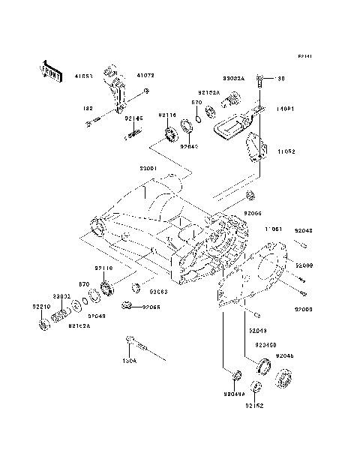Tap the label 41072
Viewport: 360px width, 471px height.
pyautogui.click(x=145, y=76)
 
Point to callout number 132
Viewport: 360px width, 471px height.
pyautogui.click(x=87, y=108)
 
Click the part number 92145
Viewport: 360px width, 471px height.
pyautogui.click(x=134, y=118)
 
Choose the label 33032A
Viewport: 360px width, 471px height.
pyautogui.click(x=233, y=77)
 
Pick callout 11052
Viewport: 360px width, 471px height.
pyautogui.click(x=286, y=150)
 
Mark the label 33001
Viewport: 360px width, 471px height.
pyautogui.click(x=148, y=170)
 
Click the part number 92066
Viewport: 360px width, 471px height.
pyautogui.click(x=252, y=214)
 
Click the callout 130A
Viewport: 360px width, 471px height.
pyautogui.click(x=130, y=360)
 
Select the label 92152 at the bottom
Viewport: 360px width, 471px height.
pyautogui.click(x=255, y=406)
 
